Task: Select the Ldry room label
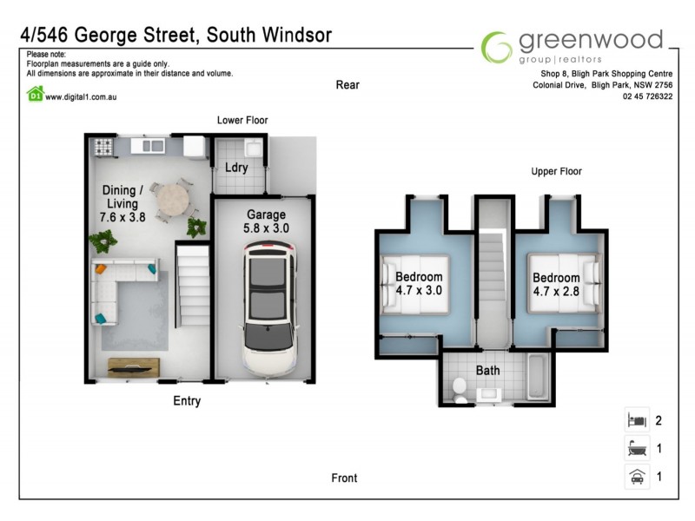tap(236, 167)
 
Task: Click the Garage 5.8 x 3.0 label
tap(267, 221)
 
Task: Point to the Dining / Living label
tap(119, 203)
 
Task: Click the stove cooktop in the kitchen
tap(104, 147)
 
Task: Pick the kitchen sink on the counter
tap(149, 147)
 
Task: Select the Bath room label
tap(487, 371)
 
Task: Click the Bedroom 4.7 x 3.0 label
tap(419, 283)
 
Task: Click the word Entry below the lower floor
tap(187, 401)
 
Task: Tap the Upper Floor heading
tap(556, 172)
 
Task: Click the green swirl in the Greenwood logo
tap(497, 47)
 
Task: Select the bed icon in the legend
tap(637, 420)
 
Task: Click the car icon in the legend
tap(637, 477)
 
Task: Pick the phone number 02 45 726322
tap(647, 96)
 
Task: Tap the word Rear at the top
tap(347, 85)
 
